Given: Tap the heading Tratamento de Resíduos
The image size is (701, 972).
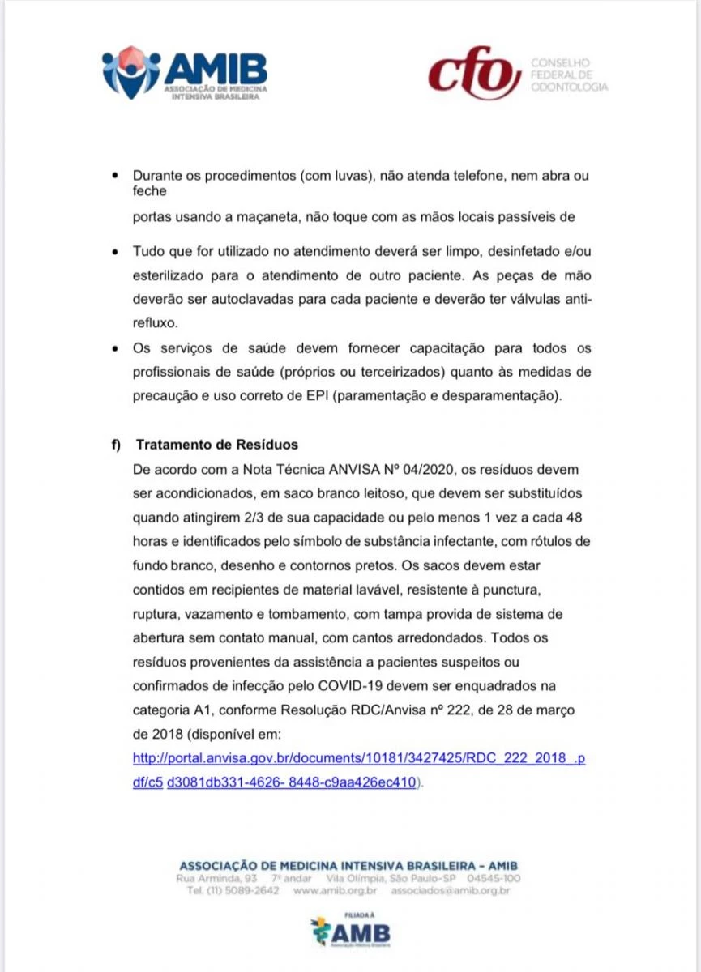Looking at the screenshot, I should point(216,445).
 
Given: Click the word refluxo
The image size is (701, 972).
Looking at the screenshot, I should point(154,322).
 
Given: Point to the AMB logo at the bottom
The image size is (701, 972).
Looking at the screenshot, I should point(350,932).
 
